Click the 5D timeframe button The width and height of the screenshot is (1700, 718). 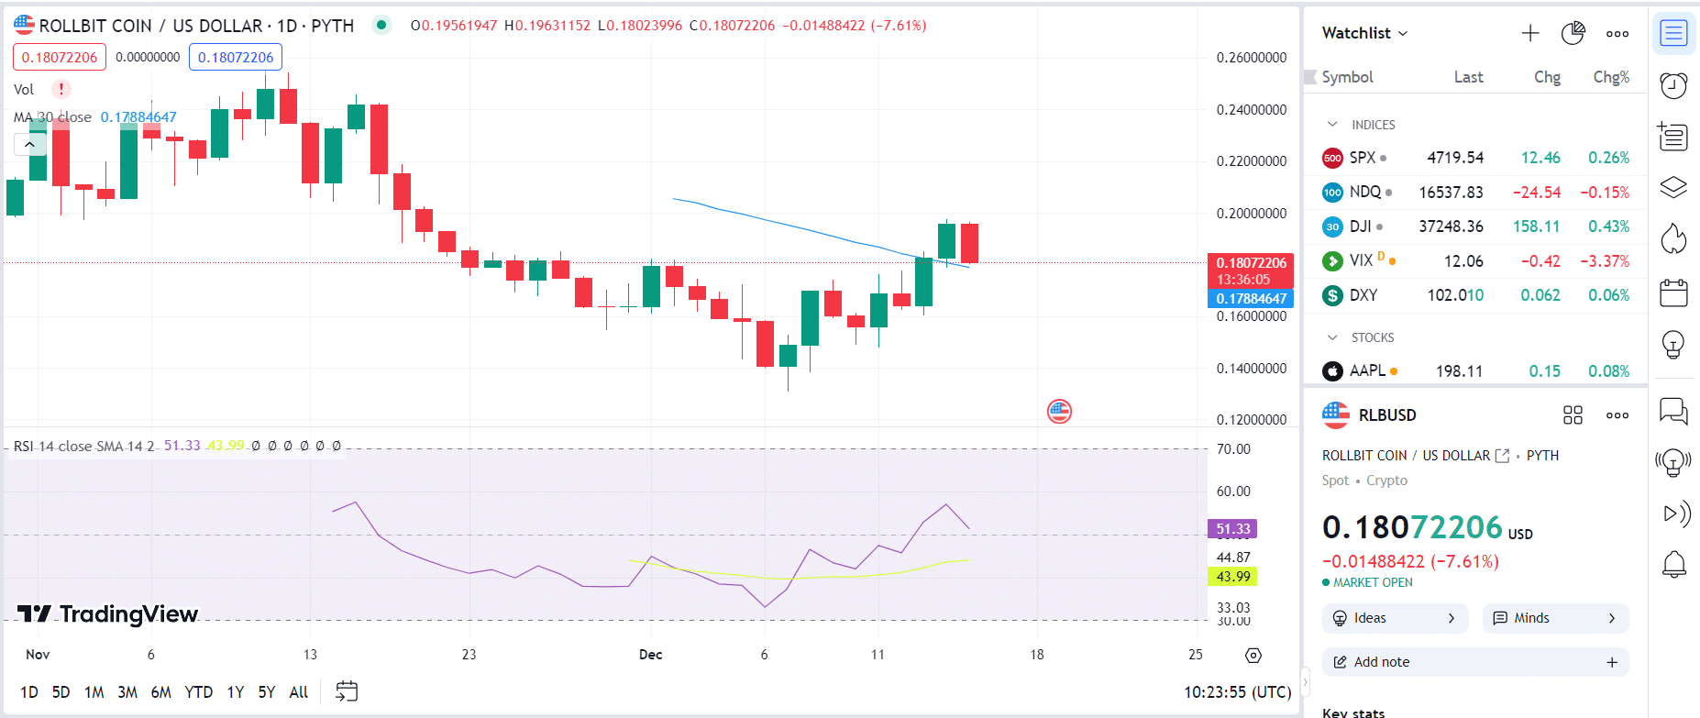tap(61, 692)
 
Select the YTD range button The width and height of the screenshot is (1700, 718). tap(199, 692)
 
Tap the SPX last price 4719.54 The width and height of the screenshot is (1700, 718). tap(1455, 158)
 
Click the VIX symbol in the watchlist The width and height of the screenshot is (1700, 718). tap(1361, 260)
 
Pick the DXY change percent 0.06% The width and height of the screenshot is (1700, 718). tap(1609, 295)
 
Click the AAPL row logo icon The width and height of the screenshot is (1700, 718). tap(1332, 371)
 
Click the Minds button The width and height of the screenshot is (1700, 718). tap(1555, 618)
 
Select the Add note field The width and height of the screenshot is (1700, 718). tap(1475, 662)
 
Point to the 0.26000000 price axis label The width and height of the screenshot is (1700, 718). tap(1252, 58)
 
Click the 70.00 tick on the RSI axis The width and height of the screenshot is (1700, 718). tap(1233, 449)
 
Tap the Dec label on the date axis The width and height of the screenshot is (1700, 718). tap(650, 655)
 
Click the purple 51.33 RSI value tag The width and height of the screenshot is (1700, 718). tap(1233, 529)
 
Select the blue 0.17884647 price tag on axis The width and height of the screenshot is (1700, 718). tap(1251, 299)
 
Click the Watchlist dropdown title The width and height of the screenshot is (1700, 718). tap(1364, 33)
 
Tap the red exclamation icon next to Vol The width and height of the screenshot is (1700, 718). tap(61, 89)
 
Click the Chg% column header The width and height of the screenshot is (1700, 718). tap(1611, 77)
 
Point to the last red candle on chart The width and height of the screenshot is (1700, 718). tap(969, 243)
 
